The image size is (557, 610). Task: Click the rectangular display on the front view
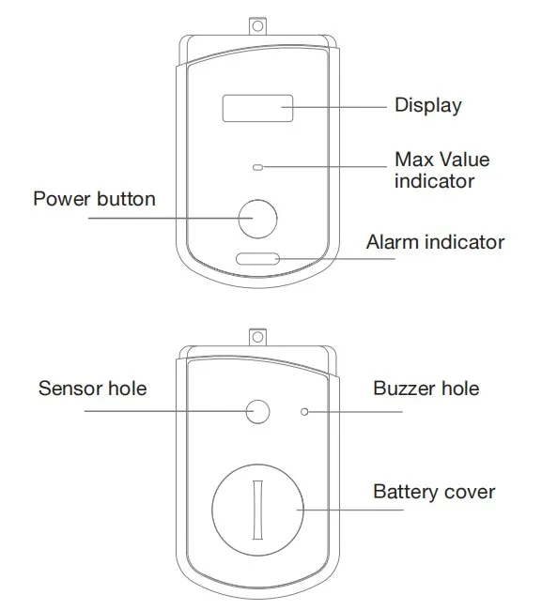click(255, 108)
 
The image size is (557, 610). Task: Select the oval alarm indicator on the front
click(256, 259)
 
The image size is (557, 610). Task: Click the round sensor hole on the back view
click(256, 411)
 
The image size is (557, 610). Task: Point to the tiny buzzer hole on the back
click(303, 411)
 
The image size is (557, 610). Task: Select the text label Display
click(427, 105)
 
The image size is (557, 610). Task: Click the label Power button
click(94, 199)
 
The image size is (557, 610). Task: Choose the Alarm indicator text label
click(435, 242)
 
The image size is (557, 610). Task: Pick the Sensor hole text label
click(92, 388)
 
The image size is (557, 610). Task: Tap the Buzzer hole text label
click(425, 388)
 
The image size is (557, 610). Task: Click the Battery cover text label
click(434, 491)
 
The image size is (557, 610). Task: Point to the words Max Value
click(441, 159)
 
